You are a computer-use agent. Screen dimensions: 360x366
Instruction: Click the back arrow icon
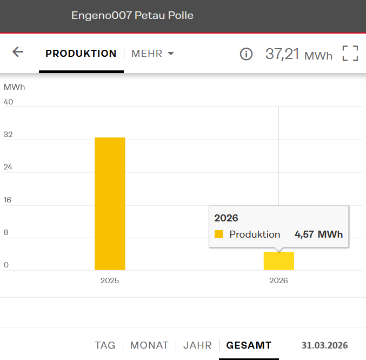tap(18, 52)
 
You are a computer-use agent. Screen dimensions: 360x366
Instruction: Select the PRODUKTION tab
tap(81, 54)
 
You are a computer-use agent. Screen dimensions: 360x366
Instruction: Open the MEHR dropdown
tap(152, 54)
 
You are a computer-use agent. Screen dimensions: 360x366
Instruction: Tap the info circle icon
tap(246, 54)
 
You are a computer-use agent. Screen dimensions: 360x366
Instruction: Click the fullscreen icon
tap(350, 54)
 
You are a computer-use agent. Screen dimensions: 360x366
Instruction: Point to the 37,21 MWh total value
tap(298, 54)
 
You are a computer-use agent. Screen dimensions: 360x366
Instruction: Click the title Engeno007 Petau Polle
tap(132, 16)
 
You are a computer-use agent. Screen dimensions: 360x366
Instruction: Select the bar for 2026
tap(278, 261)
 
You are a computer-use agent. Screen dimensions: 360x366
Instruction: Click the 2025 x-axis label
tap(110, 281)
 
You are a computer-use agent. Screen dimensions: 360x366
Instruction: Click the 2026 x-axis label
tap(278, 281)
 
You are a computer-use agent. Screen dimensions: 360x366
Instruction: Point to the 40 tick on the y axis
tap(9, 102)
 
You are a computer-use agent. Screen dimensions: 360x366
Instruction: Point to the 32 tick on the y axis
tap(8, 135)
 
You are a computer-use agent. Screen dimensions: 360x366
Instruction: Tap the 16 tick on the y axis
tap(8, 200)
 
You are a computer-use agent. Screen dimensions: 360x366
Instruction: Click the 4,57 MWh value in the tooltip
tap(318, 234)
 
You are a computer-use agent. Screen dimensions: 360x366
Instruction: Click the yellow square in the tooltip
tap(219, 234)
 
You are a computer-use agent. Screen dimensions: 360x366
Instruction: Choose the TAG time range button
tap(105, 345)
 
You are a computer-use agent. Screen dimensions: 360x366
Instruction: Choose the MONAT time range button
tap(149, 345)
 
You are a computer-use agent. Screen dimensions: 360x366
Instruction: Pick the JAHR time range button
tap(197, 345)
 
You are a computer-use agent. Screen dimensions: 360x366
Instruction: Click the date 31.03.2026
tap(324, 345)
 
